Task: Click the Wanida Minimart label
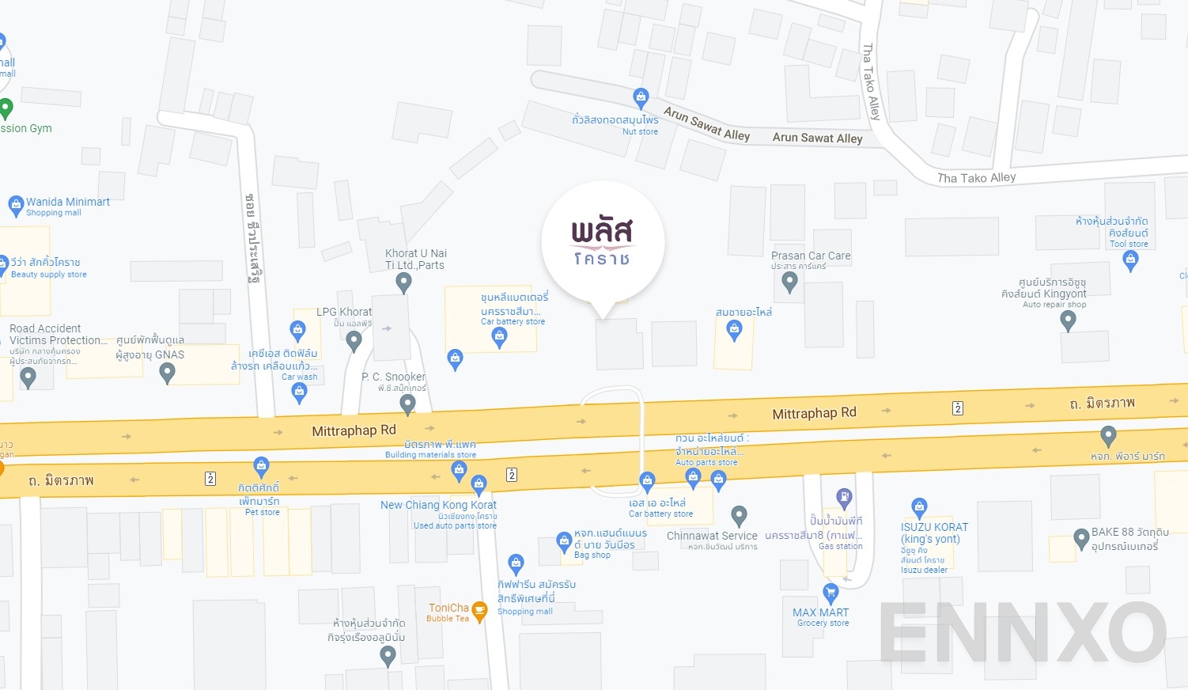point(67,203)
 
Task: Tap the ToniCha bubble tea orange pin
point(479,611)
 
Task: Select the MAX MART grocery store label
point(821,612)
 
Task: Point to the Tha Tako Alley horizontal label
point(976,178)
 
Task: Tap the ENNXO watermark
point(1022,633)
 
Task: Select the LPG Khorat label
point(344,312)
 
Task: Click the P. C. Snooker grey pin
point(407,404)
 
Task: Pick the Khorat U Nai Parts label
point(416,259)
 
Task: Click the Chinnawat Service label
point(712,536)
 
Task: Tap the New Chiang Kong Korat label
point(438,505)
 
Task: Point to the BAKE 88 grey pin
point(1081,538)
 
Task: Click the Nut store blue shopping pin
point(641,98)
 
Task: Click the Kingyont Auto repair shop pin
point(1068,320)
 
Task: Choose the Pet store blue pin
point(262,466)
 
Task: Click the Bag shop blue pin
point(564,541)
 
